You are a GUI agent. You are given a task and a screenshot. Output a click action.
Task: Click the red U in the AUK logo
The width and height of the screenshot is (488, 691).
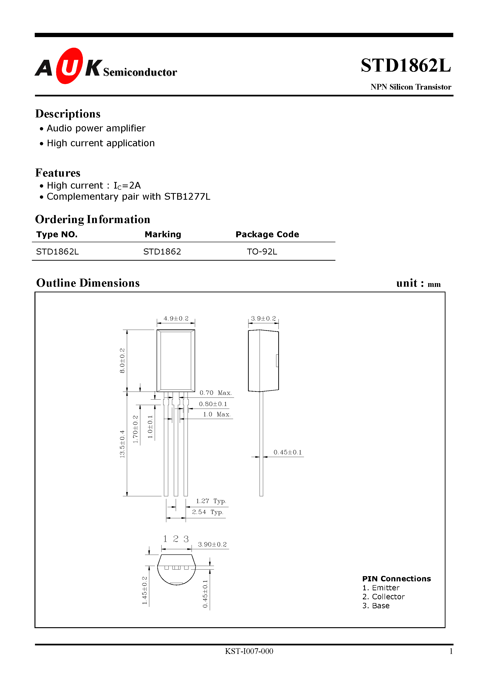coord(69,66)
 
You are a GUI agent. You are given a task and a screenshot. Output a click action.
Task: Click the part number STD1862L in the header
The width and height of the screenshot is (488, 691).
coord(406,66)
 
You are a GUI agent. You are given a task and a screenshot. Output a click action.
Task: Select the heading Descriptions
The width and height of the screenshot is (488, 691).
coord(68,114)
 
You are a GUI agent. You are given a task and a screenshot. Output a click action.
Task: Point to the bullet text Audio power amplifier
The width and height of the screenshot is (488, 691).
coord(96,128)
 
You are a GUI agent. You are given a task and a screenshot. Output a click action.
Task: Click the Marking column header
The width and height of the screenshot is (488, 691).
coord(163,234)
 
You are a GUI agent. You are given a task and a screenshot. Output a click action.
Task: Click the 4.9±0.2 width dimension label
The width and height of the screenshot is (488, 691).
coord(176,318)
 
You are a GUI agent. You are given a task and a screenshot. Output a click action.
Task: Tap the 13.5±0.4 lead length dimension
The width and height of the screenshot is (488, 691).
coord(122,444)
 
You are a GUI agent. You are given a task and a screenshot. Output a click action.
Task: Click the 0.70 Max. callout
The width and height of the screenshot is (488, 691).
coord(215,393)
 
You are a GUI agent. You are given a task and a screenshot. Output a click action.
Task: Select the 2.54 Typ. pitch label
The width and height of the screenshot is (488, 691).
coord(208,512)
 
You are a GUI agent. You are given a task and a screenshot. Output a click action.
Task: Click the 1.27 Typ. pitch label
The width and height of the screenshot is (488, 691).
coord(211,501)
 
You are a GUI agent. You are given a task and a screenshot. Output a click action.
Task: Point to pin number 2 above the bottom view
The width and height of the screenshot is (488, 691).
coord(176,539)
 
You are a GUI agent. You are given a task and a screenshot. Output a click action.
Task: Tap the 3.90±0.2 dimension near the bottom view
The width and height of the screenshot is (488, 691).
coord(212,544)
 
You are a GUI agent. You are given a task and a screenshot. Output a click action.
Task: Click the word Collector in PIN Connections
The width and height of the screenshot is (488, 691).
coord(388,596)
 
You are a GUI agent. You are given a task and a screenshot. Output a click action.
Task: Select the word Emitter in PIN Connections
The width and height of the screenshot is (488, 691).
coord(385,588)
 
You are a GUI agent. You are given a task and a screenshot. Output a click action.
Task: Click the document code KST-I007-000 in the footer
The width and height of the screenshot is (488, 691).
coord(249,651)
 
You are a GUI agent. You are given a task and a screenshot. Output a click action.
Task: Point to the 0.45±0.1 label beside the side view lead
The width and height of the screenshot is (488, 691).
coord(287,452)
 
